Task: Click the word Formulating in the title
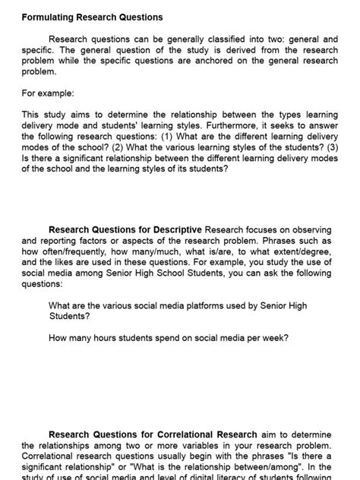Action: click(46, 17)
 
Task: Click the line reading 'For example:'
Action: click(47, 93)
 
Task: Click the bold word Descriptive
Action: click(175, 229)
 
